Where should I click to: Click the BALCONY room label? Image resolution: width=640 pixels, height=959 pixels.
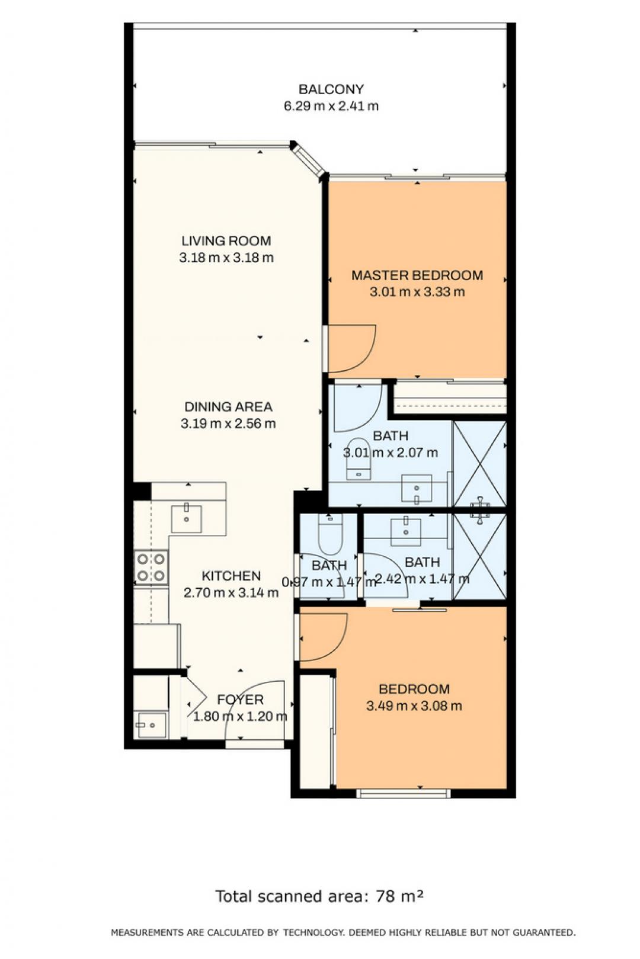tap(331, 89)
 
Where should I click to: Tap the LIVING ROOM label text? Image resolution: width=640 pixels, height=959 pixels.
tap(226, 240)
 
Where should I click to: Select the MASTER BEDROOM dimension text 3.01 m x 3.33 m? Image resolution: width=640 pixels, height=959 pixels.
tap(417, 292)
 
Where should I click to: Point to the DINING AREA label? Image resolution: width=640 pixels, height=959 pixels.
tap(228, 406)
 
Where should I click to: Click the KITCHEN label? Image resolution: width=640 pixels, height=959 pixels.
tap(231, 576)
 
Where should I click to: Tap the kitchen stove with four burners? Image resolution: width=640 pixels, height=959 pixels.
tap(151, 567)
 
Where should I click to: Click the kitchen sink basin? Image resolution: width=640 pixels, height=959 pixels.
tap(186, 519)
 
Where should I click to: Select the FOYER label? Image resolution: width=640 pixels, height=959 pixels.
tap(240, 700)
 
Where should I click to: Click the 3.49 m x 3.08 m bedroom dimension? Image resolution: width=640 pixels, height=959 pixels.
tap(414, 705)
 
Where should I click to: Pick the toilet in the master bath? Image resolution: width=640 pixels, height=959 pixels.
tap(359, 458)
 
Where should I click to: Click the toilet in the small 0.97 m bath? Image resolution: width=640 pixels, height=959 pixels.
tap(330, 534)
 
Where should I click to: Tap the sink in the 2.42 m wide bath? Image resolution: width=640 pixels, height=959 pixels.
tap(406, 532)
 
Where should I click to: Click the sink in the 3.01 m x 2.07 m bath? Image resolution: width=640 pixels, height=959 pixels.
tap(417, 487)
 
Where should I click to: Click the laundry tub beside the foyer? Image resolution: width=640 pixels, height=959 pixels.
tap(150, 725)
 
